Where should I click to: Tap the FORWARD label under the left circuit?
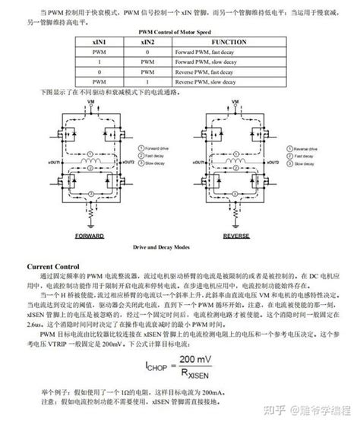(89, 236)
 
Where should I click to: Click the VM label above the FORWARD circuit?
(92, 101)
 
